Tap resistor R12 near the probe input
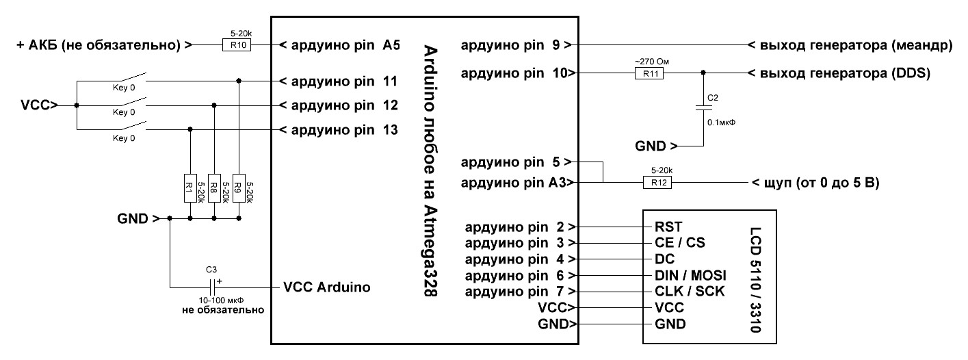pyautogui.click(x=658, y=183)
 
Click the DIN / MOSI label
pyautogui.click(x=690, y=275)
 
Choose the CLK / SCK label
pyautogui.click(x=688, y=292)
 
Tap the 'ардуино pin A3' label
pyautogui.click(x=514, y=183)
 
